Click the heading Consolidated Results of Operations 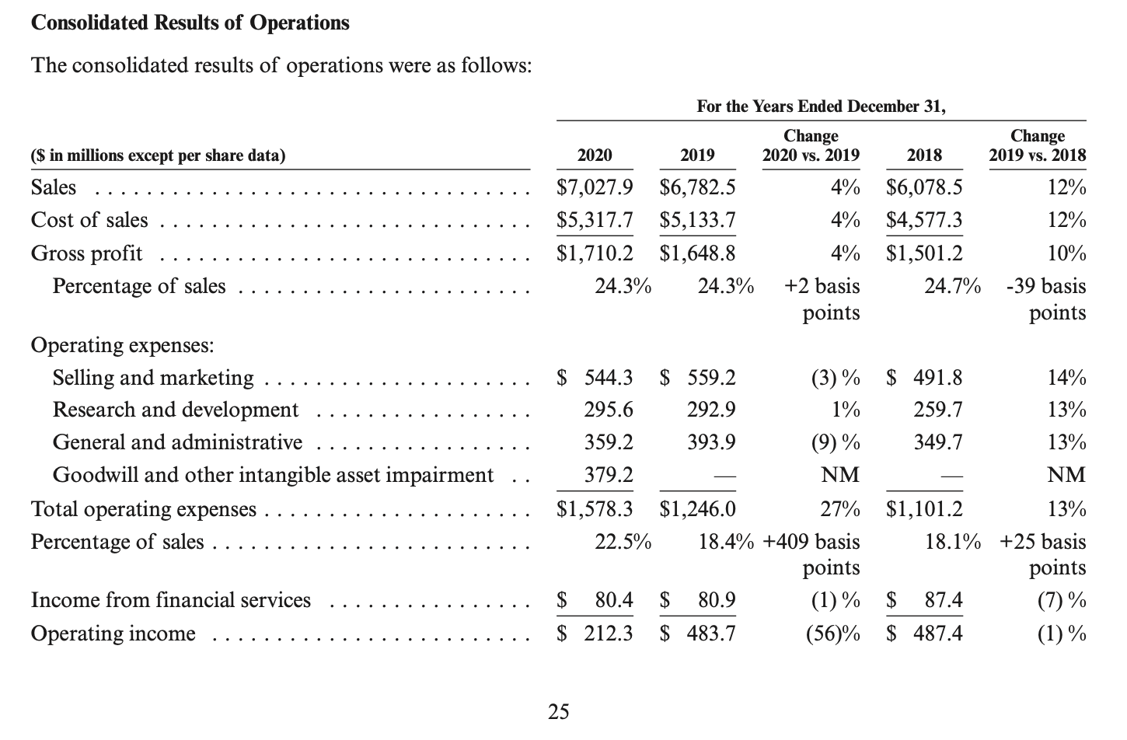tap(190, 23)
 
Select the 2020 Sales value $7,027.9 tap(595, 187)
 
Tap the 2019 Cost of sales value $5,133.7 tap(697, 221)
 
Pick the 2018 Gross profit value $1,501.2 tap(924, 253)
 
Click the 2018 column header tap(924, 155)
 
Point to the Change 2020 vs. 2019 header tap(811, 145)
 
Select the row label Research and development tap(176, 410)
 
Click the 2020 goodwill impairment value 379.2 tap(609, 475)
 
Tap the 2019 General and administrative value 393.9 tap(711, 442)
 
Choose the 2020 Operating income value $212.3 tap(595, 634)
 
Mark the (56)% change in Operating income tap(832, 634)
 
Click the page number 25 tap(558, 711)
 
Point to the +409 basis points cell tap(812, 554)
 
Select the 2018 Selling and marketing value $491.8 tap(924, 378)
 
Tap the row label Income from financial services tap(171, 600)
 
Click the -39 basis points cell tap(1046, 299)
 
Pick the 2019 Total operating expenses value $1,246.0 tap(697, 509)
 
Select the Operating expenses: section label tap(122, 344)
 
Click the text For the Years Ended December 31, tap(821, 106)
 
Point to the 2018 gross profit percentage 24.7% tap(952, 286)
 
